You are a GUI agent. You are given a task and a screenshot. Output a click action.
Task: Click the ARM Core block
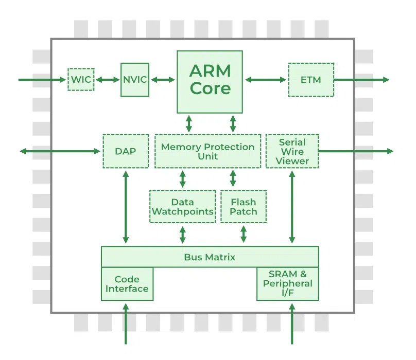(210, 82)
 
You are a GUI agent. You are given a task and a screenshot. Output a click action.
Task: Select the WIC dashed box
(81, 79)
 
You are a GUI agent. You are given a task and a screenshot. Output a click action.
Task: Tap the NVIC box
(135, 80)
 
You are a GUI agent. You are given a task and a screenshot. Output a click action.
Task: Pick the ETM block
(311, 80)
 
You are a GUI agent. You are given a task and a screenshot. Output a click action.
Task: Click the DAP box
(126, 151)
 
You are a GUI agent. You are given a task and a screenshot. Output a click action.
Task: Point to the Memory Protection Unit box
(207, 151)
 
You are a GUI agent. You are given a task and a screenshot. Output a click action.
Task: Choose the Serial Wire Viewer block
(292, 151)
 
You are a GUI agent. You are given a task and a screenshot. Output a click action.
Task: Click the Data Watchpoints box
(183, 207)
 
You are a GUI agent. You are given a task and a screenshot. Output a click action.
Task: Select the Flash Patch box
(244, 207)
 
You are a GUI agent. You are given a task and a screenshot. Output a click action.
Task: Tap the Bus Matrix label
(210, 257)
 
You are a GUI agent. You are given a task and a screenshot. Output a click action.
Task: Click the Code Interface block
(127, 284)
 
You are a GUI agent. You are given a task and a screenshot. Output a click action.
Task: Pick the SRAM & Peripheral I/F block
(288, 284)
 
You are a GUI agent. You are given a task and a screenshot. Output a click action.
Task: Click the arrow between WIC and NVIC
(108, 80)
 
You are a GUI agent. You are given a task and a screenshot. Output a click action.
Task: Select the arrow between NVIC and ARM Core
(163, 80)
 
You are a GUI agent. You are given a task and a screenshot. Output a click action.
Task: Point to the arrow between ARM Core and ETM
(266, 80)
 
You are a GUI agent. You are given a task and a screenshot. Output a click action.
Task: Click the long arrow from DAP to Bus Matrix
(126, 207)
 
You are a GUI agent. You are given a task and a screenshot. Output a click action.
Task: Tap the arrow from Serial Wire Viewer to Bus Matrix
(292, 207)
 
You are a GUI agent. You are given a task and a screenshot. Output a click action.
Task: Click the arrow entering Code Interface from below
(126, 324)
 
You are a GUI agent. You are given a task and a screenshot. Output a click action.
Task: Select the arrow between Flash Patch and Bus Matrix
(244, 234)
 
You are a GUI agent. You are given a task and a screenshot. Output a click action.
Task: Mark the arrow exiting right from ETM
(361, 80)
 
